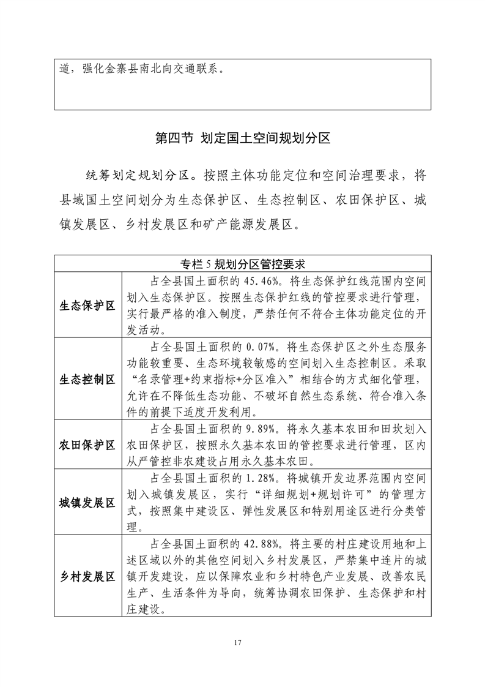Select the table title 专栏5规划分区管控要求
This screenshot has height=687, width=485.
(242, 264)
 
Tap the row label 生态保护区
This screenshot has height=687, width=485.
(87, 305)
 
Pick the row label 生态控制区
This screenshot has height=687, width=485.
(87, 380)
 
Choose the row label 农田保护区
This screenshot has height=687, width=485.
(87, 445)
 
